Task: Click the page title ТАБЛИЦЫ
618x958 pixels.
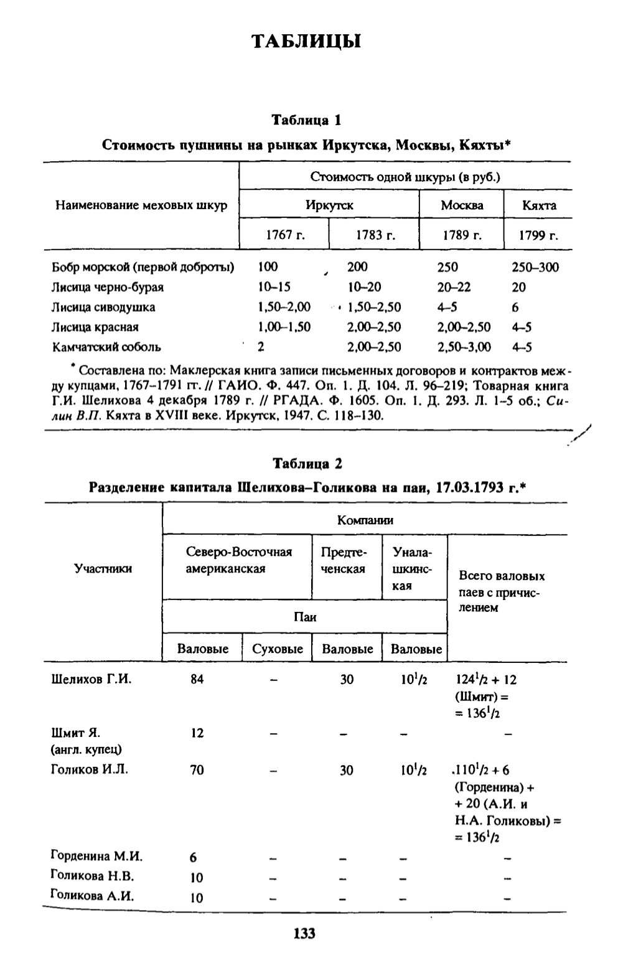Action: pos(306,42)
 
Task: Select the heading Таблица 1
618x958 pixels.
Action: pos(306,120)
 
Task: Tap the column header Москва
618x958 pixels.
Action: pos(462,205)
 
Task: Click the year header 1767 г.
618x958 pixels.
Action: pos(283,236)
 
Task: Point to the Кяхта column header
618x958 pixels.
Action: pos(538,205)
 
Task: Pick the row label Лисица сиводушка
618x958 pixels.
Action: pos(103,307)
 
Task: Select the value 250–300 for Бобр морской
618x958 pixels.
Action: pos(535,267)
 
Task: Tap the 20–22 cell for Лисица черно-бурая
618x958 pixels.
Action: pos(454,287)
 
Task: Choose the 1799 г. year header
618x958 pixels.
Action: pos(538,236)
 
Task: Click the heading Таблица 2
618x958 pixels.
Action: pos(307,463)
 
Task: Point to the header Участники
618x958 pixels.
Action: pos(103,568)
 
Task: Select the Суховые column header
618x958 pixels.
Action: pos(278,649)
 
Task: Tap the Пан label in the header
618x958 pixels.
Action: pos(305,617)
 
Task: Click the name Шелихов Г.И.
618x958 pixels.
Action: pos(91,679)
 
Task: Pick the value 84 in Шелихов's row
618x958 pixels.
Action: pos(197,679)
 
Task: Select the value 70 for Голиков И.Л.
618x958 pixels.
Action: pos(197,770)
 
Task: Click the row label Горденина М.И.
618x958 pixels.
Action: pos(96,856)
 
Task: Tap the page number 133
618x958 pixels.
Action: pos(304,933)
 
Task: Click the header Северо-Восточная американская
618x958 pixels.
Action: pos(238,560)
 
